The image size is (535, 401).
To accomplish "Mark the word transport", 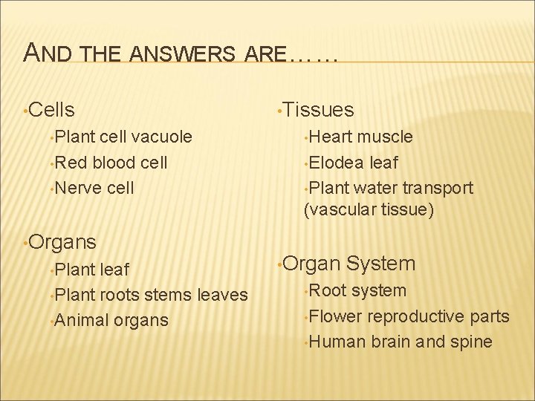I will [434, 188].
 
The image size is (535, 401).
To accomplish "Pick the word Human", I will [335, 342].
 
